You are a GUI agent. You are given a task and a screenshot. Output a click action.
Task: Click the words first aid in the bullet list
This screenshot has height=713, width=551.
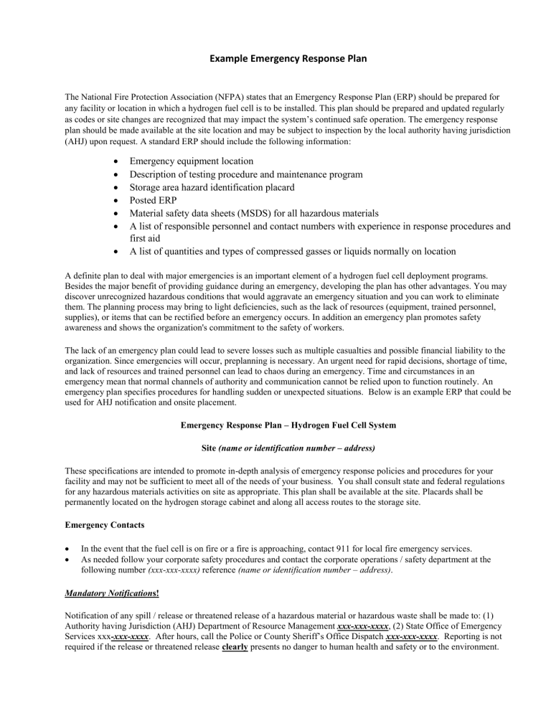(x=149, y=239)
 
